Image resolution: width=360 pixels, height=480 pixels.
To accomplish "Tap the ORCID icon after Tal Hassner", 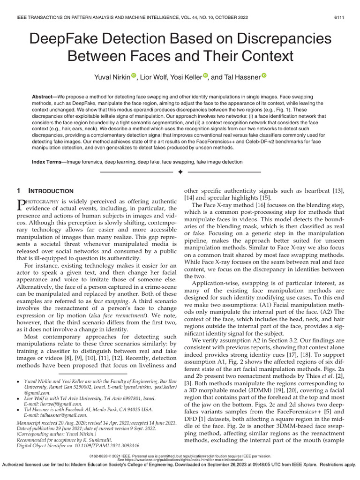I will (263, 75).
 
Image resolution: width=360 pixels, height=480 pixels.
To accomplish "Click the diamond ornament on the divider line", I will (180, 173).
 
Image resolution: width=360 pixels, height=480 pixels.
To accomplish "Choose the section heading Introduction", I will (54, 191).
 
